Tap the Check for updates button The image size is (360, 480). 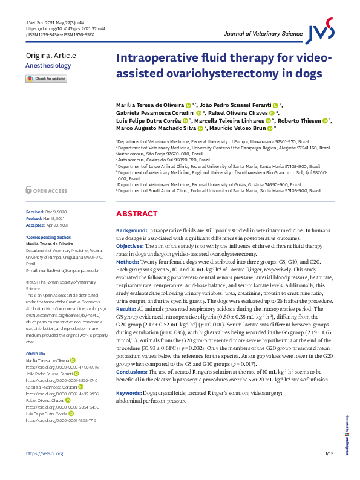46,79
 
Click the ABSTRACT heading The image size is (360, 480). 136,214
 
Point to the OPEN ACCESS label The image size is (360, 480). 50,191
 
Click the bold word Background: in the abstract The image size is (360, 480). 131,231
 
